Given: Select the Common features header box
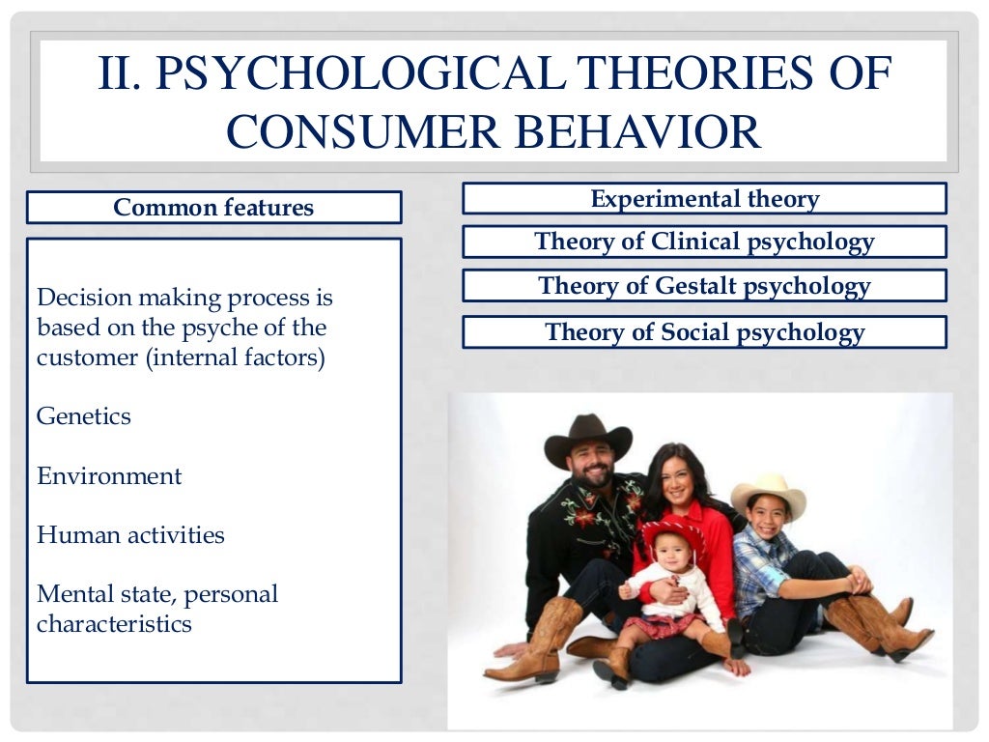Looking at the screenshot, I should [213, 208].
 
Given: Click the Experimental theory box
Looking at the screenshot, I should [704, 199].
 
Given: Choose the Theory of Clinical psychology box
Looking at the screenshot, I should [704, 242].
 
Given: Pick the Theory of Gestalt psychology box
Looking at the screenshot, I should [704, 286].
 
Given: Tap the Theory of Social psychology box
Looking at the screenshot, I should [704, 332].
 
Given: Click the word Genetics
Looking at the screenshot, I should [84, 416].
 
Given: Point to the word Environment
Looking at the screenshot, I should [109, 476].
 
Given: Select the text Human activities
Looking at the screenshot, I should [130, 535].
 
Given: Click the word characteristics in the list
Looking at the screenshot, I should [114, 624].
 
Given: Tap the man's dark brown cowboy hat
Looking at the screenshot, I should [587, 439].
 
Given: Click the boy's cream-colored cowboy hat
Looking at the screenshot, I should [769, 493].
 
